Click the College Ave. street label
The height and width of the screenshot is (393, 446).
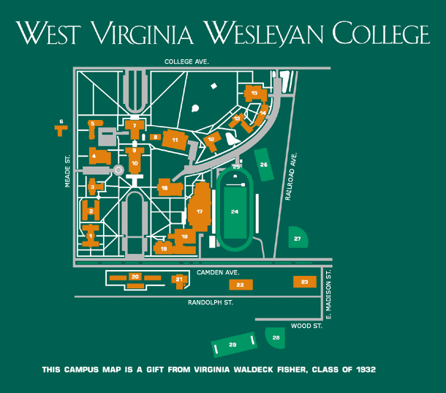(186, 62)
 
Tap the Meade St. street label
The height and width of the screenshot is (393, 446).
(67, 171)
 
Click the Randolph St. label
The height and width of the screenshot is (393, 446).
(210, 302)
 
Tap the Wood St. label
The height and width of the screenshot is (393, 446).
(306, 326)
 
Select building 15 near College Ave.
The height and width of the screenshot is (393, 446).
(254, 94)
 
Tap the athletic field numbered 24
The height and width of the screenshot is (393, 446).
(235, 212)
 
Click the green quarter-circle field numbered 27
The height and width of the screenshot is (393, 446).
(298, 239)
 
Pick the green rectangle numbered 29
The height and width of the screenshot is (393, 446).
(233, 344)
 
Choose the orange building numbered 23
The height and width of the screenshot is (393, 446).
(304, 282)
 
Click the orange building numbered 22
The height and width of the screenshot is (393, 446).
(240, 284)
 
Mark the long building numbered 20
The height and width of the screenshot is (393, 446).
(135, 277)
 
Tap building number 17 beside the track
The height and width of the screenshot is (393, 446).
(199, 211)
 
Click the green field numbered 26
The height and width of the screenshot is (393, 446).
(264, 164)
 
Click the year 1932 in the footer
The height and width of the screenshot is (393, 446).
(363, 369)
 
